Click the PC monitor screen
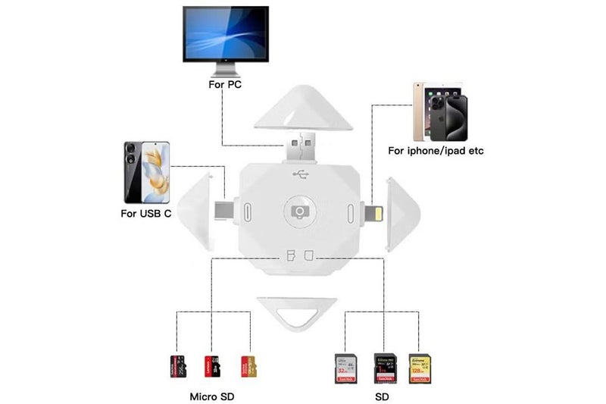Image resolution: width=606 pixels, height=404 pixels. click(x=225, y=36)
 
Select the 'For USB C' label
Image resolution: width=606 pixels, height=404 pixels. click(x=146, y=214)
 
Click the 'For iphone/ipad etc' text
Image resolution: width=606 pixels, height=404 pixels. click(x=436, y=151)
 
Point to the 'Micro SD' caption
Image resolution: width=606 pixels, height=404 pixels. click(x=211, y=396)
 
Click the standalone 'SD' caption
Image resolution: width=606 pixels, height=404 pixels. click(x=384, y=396)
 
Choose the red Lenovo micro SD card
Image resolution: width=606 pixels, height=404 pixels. click(x=211, y=366)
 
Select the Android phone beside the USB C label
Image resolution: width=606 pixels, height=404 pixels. click(x=146, y=171)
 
